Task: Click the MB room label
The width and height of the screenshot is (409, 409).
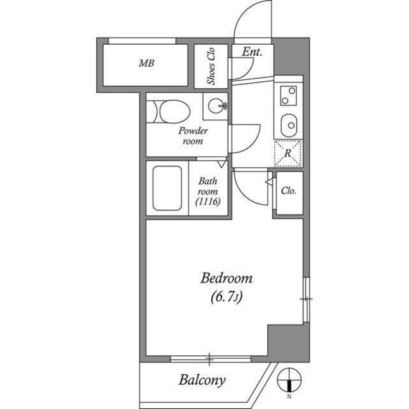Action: tap(147, 64)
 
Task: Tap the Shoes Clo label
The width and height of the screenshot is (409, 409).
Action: tap(210, 66)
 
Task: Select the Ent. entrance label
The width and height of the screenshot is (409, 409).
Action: tap(252, 52)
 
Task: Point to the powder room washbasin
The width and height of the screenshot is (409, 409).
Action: tap(217, 105)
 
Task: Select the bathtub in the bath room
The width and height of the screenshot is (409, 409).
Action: tap(167, 189)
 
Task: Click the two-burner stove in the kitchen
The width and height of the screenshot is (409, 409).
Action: tap(288, 97)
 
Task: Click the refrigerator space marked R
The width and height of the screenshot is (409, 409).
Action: tap(288, 153)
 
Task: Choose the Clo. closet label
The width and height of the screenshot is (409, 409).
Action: tap(288, 191)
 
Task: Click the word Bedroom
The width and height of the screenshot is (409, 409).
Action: tap(227, 278)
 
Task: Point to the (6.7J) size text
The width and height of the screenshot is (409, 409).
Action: tap(228, 297)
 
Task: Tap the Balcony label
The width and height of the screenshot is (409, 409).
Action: tap(201, 381)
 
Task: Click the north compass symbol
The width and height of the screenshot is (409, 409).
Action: tap(289, 378)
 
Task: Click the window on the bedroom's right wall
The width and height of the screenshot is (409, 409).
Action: tap(306, 299)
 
